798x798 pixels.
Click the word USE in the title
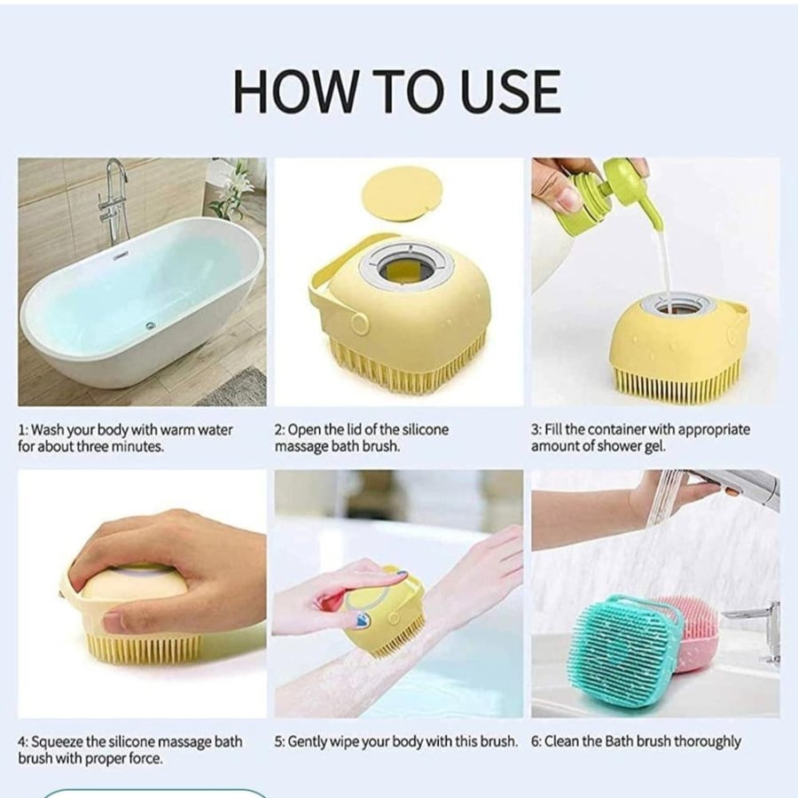click(509, 92)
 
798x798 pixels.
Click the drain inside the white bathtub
click(149, 325)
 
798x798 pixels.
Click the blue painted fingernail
click(362, 620)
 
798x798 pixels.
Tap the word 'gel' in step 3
click(654, 446)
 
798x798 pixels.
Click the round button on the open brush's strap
click(359, 323)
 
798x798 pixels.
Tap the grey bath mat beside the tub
click(234, 387)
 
